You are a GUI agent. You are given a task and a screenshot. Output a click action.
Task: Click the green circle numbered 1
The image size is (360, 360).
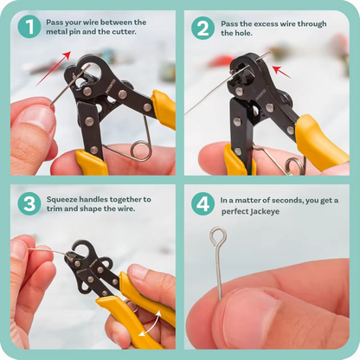point(29,28)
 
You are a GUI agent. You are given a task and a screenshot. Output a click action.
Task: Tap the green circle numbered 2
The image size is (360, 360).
point(202,28)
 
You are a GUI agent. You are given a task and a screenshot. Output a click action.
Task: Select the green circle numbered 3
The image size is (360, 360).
point(29,204)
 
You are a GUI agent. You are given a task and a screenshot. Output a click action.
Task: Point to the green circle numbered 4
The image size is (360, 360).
point(202,204)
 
